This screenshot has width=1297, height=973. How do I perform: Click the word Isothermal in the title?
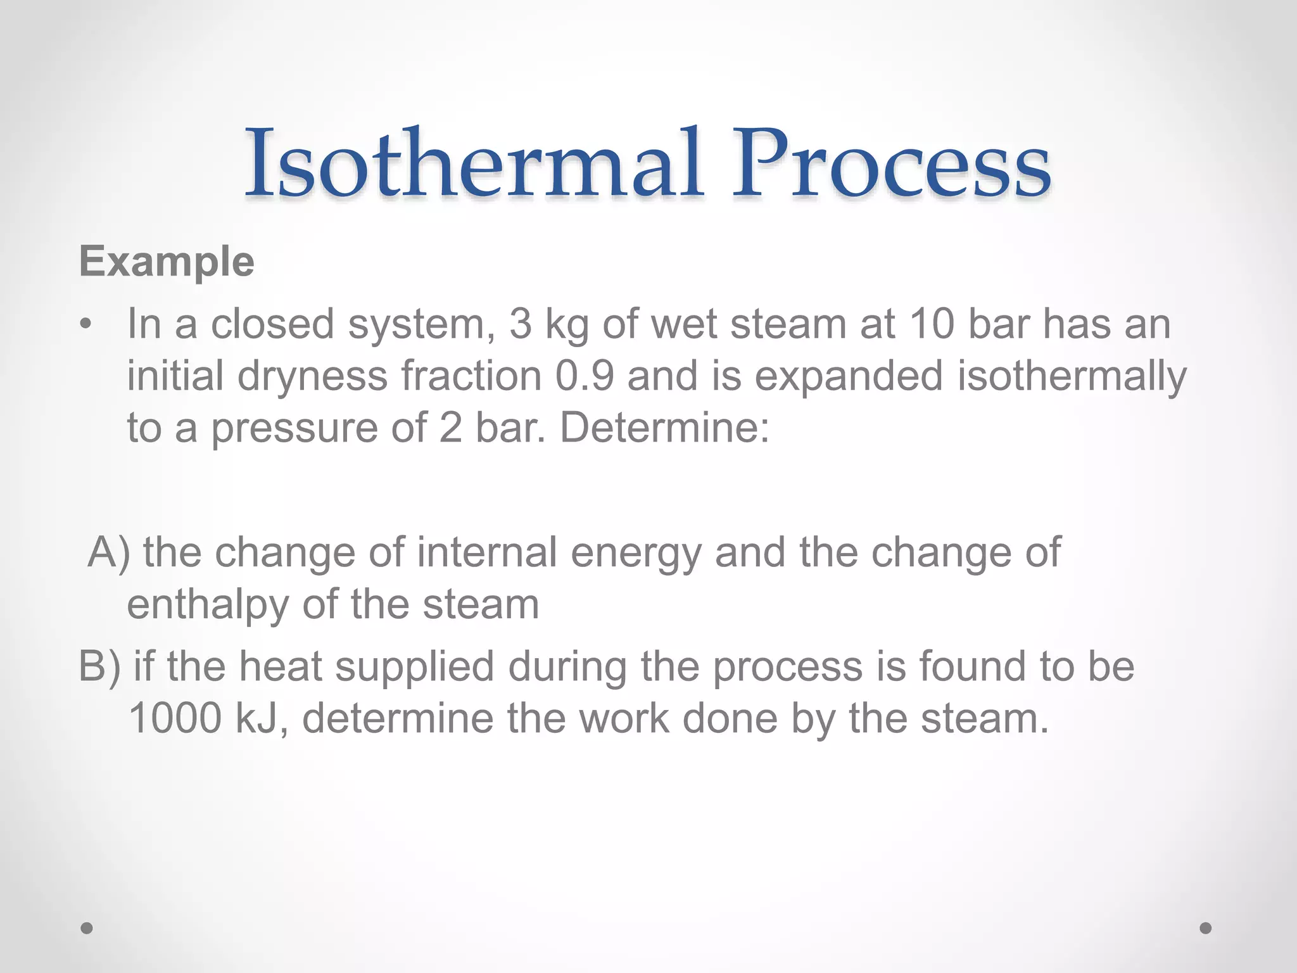pos(474,163)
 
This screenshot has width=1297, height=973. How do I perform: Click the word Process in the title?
pos(890,163)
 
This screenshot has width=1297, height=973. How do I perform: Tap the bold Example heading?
pos(167,262)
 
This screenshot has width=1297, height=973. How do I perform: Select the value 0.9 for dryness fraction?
pos(585,376)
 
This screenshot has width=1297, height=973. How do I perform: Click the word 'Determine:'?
pos(664,428)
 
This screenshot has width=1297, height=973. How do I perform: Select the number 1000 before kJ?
pos(175,719)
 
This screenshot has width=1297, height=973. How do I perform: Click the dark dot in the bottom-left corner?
pos(87,928)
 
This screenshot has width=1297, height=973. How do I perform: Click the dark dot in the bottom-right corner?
pos(1206,928)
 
